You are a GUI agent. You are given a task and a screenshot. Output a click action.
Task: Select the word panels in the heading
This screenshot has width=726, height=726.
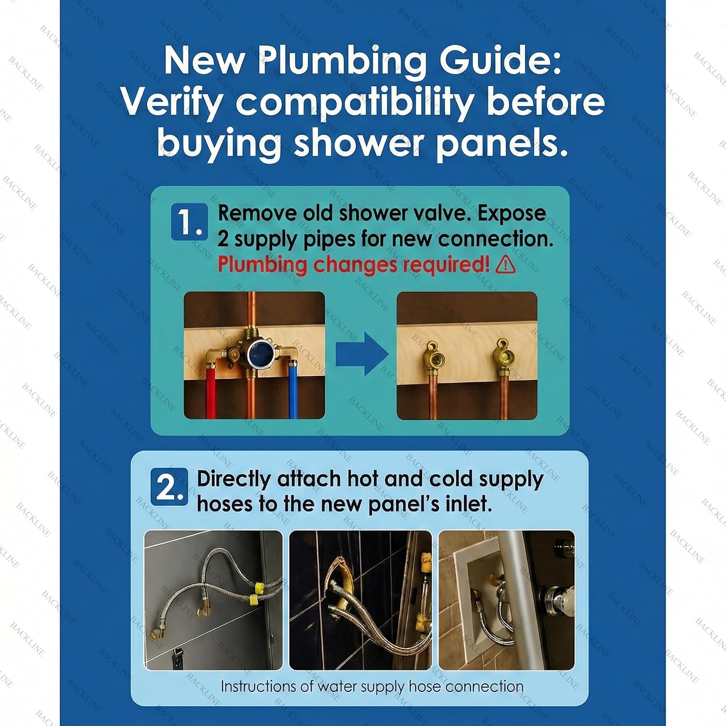(502, 143)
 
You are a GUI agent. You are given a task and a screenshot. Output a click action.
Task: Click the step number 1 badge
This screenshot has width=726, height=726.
(189, 222)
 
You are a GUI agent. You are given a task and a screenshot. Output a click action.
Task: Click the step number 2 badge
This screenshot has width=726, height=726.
(169, 486)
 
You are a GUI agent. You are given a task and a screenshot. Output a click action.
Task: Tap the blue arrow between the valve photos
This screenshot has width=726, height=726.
(362, 354)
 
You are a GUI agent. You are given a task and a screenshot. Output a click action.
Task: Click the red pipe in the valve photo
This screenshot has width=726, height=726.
(211, 393)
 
